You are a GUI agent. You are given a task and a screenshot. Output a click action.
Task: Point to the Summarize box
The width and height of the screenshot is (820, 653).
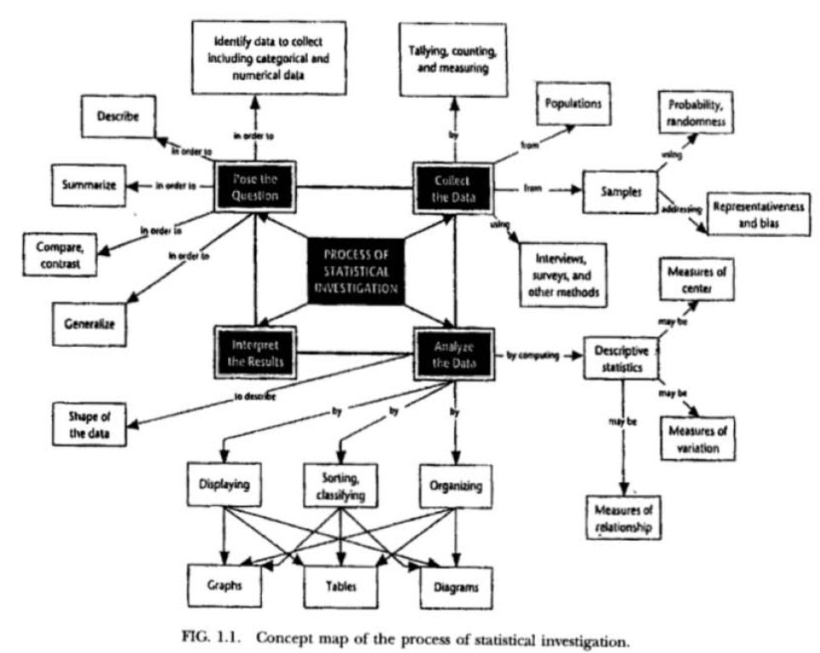pos(88,185)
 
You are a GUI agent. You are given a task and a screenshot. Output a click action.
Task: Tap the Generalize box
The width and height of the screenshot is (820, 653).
pos(89,324)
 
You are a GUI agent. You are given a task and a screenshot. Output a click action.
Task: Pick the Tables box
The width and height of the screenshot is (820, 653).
pos(340,586)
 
